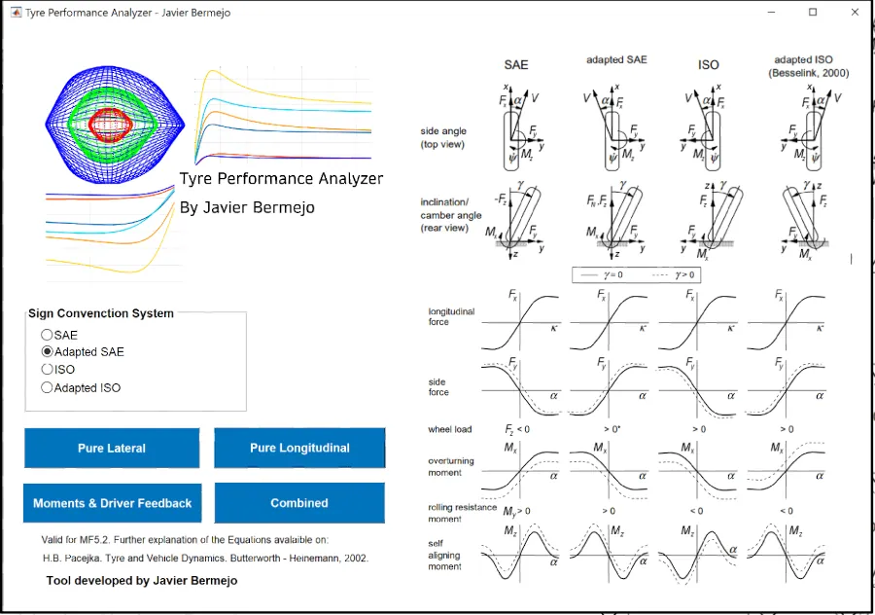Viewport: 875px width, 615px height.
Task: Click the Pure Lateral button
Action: click(112, 449)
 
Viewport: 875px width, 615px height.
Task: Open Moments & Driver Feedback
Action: click(112, 503)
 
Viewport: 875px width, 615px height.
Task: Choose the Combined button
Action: click(299, 503)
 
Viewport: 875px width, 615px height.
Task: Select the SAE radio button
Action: click(47, 335)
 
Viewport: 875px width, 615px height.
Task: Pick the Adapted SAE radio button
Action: click(47, 352)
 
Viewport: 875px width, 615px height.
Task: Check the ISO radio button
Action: click(47, 370)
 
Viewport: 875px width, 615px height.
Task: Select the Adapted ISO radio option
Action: click(47, 388)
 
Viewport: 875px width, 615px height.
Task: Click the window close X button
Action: click(853, 12)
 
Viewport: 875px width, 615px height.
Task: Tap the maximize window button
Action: click(813, 12)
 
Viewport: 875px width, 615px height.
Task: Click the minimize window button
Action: click(772, 12)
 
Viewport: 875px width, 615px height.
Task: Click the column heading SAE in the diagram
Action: click(516, 65)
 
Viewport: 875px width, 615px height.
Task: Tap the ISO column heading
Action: click(709, 65)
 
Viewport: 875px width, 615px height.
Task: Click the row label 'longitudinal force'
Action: click(452, 316)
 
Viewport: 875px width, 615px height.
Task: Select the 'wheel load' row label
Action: click(450, 429)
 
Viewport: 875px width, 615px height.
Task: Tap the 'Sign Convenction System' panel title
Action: click(101, 313)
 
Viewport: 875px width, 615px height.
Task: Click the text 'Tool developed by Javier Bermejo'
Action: click(142, 580)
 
